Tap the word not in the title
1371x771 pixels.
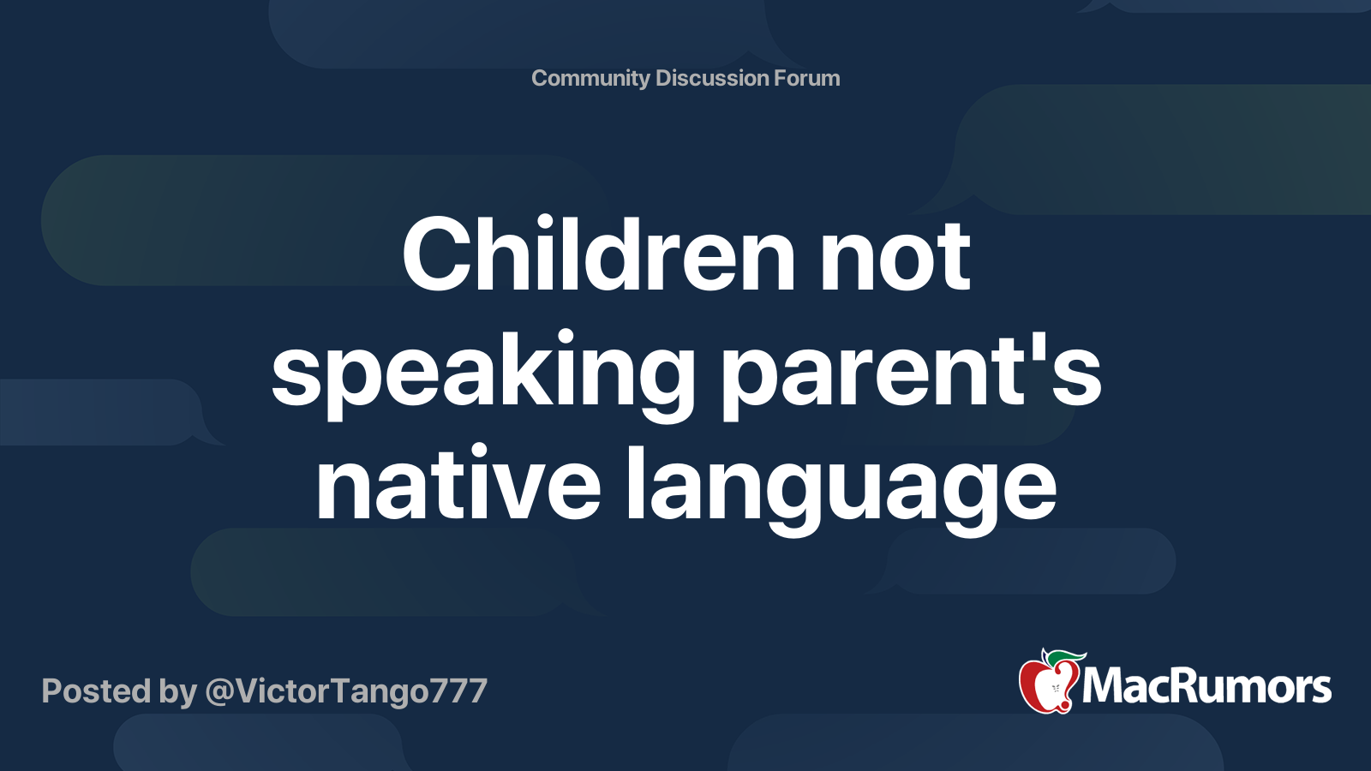tap(895, 255)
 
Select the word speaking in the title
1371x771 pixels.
tap(483, 372)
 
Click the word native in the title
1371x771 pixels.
tap(458, 486)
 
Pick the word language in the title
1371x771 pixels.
tap(840, 486)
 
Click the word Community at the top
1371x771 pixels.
tap(590, 78)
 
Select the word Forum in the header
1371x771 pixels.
tap(807, 78)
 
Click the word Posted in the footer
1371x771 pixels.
tap(97, 691)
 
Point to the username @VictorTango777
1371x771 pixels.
tap(346, 691)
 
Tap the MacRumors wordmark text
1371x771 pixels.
tap(1206, 687)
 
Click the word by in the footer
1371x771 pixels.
tap(178, 691)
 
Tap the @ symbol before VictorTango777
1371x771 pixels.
tap(219, 691)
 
